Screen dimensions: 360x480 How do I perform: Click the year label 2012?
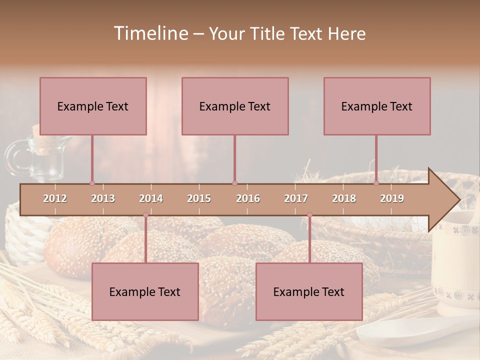[55, 198]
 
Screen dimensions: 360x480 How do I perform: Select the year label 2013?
[103, 198]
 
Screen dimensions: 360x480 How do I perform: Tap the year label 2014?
[151, 198]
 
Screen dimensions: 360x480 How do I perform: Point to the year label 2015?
[199, 198]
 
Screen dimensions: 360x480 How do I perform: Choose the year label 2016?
[248, 198]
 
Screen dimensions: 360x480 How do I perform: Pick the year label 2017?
[296, 198]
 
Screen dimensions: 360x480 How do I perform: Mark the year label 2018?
[344, 198]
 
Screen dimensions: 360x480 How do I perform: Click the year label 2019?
[392, 198]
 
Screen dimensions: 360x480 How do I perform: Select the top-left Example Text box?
[93, 106]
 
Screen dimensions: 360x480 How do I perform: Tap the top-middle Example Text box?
[235, 106]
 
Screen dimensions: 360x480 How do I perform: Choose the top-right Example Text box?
[377, 106]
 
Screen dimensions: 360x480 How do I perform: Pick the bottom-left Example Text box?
[145, 291]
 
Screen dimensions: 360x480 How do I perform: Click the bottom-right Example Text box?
[309, 291]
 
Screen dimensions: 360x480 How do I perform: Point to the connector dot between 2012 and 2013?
[92, 183]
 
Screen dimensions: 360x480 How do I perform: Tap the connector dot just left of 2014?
[145, 215]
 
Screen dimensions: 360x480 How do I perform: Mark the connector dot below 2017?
[309, 215]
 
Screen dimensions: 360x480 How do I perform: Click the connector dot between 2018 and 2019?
[376, 183]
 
